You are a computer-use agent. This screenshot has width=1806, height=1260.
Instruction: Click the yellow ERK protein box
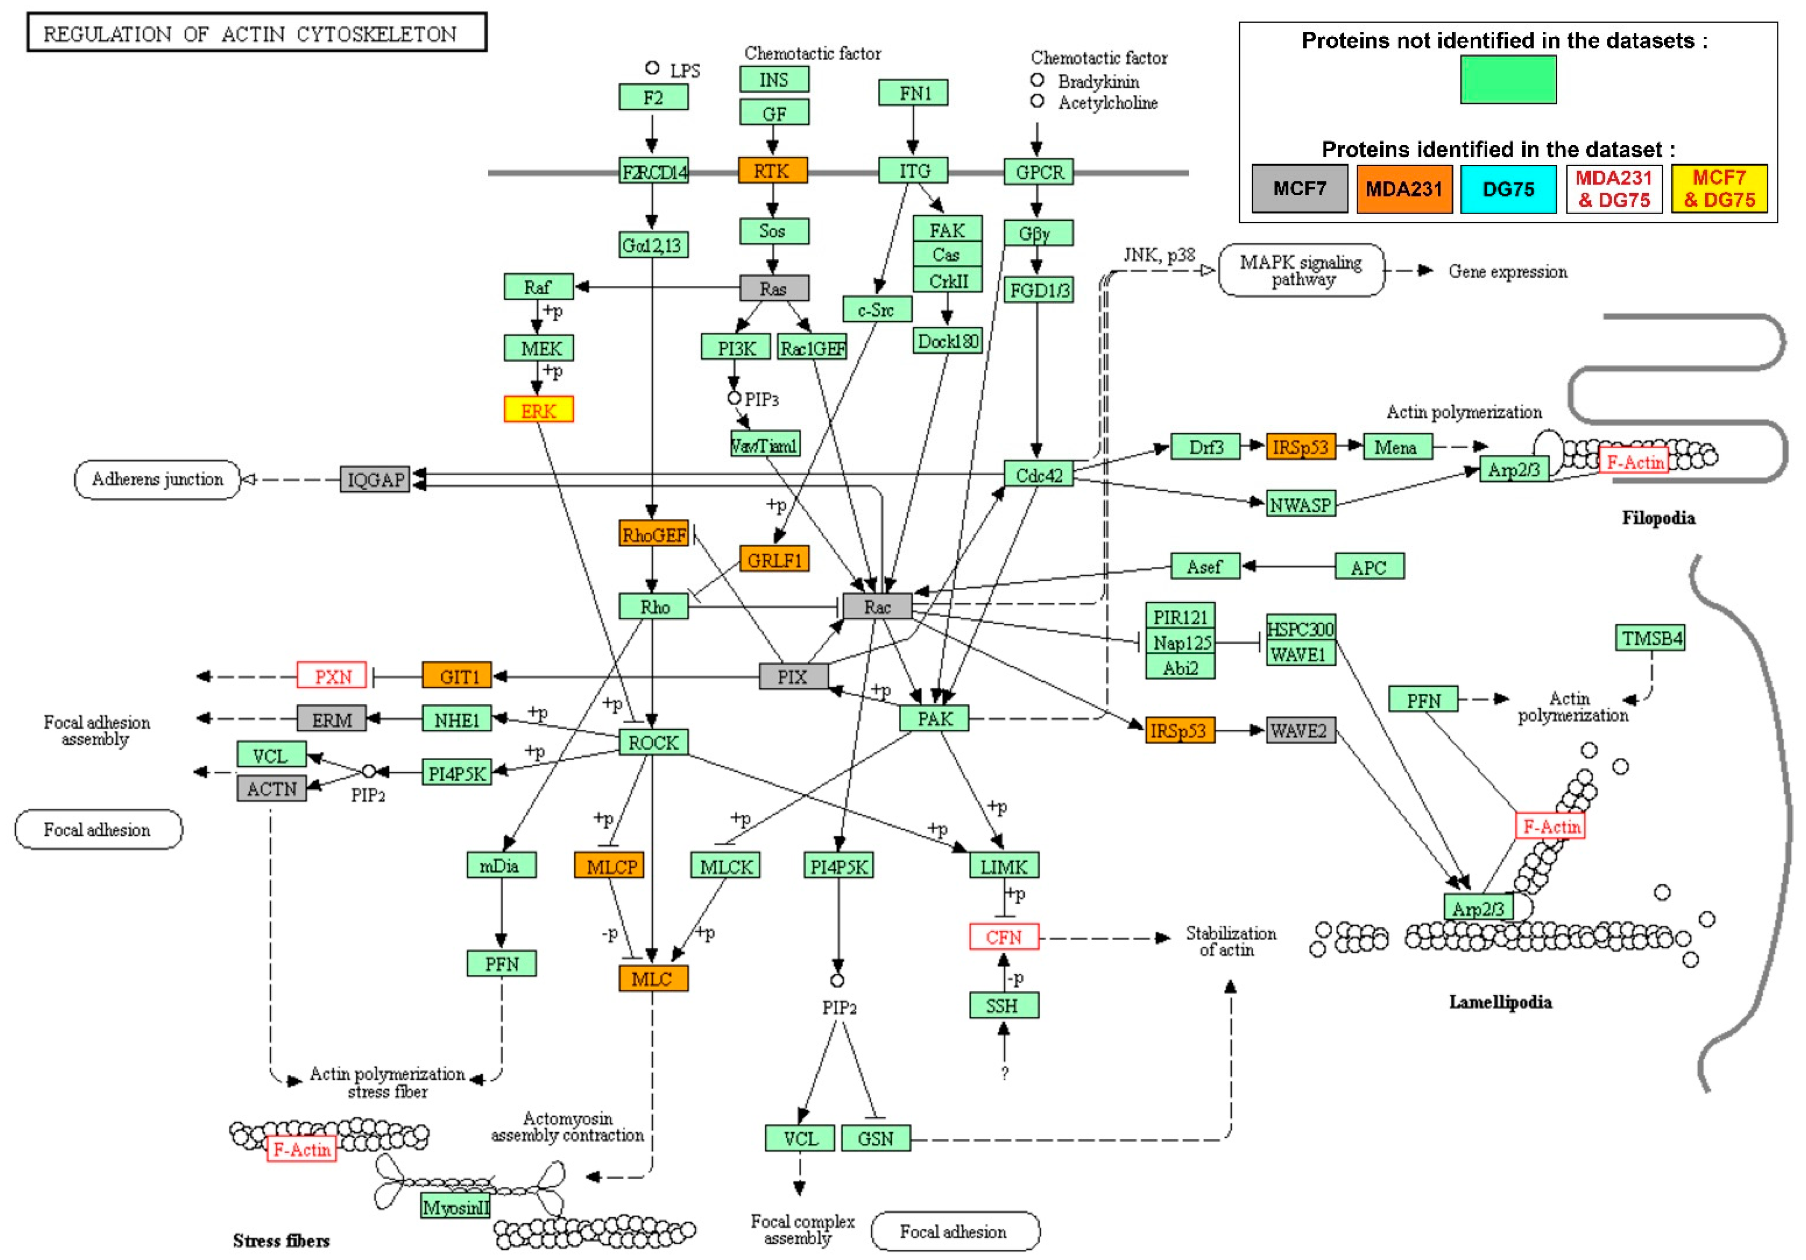point(539,410)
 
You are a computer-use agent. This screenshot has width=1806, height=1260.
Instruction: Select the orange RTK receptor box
point(772,171)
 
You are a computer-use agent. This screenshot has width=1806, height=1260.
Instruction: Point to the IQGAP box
point(375,479)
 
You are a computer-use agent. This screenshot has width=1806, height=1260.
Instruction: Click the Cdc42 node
point(1038,474)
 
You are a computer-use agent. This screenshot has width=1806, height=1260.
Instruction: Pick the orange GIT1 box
point(457,676)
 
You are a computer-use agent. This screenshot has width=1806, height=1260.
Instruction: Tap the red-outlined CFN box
point(1004,937)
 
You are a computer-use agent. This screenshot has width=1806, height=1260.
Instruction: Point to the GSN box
point(876,1138)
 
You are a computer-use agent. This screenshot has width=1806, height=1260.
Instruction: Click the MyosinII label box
point(455,1207)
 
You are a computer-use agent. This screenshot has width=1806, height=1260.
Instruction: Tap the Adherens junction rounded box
point(157,479)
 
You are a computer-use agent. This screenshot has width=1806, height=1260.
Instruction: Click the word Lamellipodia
point(1500,1001)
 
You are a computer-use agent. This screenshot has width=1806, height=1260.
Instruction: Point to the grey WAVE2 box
point(1300,731)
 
